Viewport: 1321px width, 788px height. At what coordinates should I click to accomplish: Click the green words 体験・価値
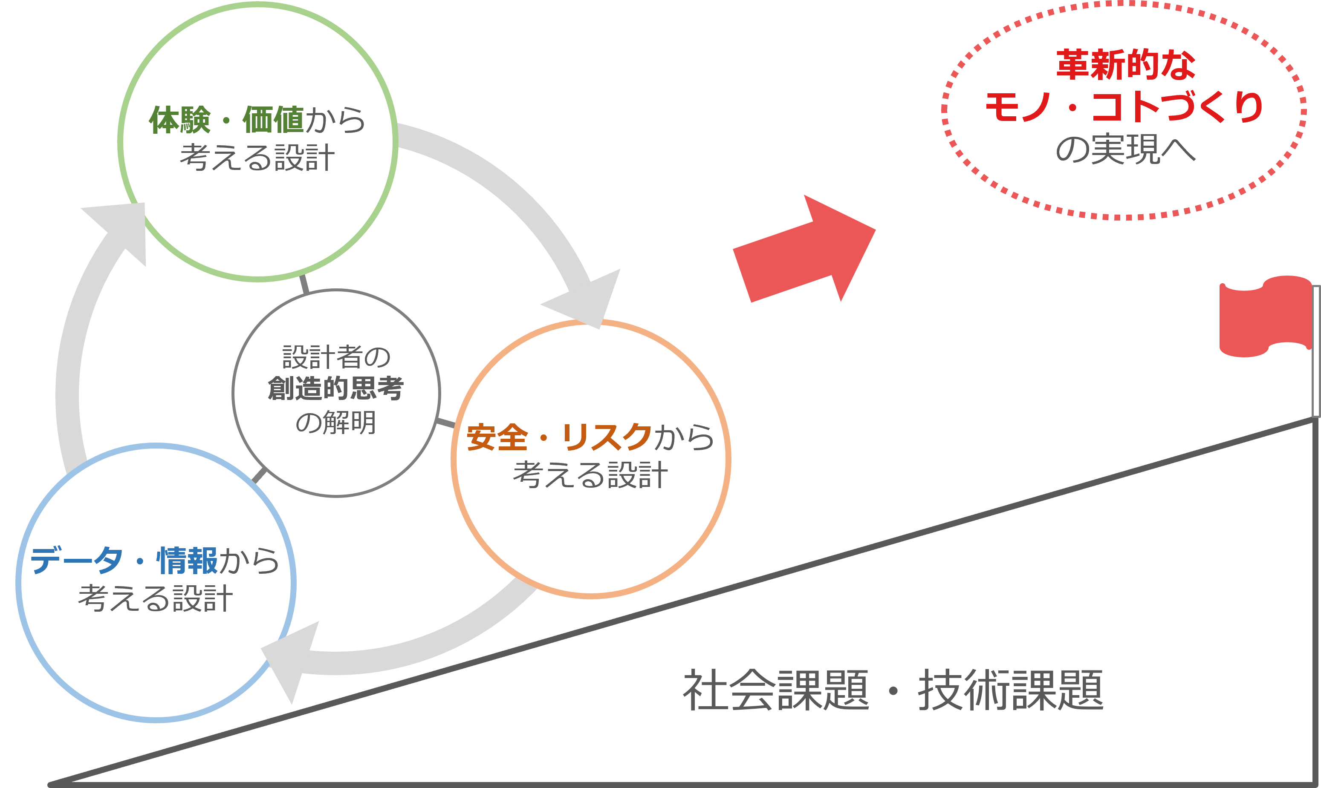226,120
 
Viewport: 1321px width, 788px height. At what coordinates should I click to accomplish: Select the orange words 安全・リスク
559,437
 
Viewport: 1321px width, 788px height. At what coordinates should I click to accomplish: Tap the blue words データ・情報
123,561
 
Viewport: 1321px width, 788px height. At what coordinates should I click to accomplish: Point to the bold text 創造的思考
336,389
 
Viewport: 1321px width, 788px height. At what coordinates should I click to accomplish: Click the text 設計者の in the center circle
336,357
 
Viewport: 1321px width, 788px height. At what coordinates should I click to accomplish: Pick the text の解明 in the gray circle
336,423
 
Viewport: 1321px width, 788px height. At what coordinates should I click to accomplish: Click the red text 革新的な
1125,65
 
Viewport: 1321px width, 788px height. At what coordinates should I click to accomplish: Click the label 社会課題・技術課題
893,690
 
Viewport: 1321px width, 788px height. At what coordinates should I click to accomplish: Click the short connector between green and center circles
304,285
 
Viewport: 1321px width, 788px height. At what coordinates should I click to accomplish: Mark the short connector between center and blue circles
259,476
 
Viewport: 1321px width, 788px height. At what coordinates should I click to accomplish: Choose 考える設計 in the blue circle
155,599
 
